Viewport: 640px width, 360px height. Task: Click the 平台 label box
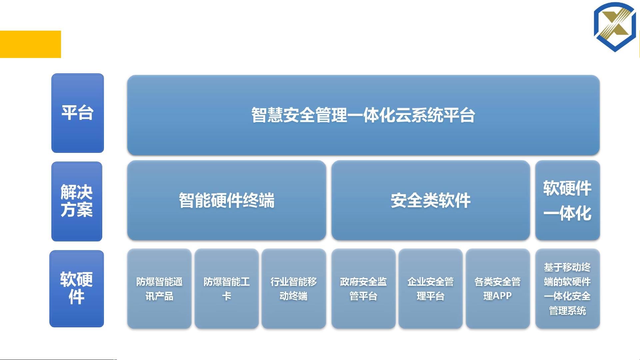[78, 113]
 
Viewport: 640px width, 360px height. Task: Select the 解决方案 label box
[77, 201]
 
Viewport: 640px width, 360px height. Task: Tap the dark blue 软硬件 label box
[77, 288]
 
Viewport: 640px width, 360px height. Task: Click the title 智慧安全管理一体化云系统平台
[363, 115]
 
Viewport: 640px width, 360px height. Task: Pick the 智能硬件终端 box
[227, 200]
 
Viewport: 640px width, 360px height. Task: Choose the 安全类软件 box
[430, 200]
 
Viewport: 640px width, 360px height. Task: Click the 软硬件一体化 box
[567, 200]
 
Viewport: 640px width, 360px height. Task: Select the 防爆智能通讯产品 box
[159, 288]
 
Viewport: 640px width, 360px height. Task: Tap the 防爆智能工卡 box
[227, 288]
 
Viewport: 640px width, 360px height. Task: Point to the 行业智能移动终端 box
[294, 288]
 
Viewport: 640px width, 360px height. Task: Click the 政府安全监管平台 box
[363, 288]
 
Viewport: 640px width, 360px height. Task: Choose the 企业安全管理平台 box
[430, 288]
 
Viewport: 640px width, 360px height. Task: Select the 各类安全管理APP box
[498, 288]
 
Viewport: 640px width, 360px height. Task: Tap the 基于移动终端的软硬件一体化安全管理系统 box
[567, 288]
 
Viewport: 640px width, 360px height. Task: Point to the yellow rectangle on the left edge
[30, 44]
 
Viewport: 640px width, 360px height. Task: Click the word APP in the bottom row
[502, 296]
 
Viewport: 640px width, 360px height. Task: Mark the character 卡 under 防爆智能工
[227, 296]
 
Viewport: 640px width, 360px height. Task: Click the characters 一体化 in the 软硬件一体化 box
[567, 213]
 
